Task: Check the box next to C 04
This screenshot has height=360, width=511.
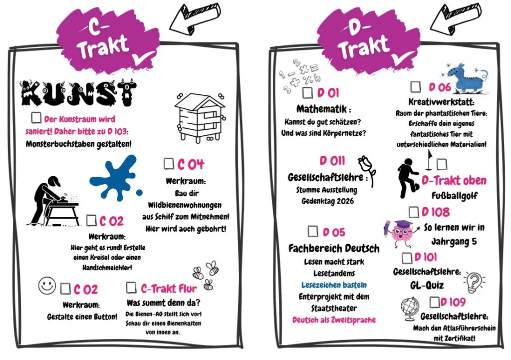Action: [x=169, y=163]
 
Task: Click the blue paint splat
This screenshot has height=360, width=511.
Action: [x=115, y=178]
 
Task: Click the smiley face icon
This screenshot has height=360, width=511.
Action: [x=47, y=286]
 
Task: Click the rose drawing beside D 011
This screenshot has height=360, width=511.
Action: [x=367, y=171]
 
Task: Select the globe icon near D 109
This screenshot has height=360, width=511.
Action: [x=410, y=309]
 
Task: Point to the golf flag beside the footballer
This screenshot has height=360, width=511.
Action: [x=429, y=160]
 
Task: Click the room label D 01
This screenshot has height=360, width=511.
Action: [x=328, y=93]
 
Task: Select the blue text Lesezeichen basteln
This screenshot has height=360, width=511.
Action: [x=334, y=285]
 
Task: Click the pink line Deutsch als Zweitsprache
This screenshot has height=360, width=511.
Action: [x=334, y=320]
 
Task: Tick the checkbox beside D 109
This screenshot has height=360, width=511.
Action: [x=435, y=302]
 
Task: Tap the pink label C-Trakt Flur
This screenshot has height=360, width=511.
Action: [x=169, y=289]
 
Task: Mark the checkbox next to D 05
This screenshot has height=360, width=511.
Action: [x=313, y=231]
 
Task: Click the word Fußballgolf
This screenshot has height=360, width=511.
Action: [x=454, y=196]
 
